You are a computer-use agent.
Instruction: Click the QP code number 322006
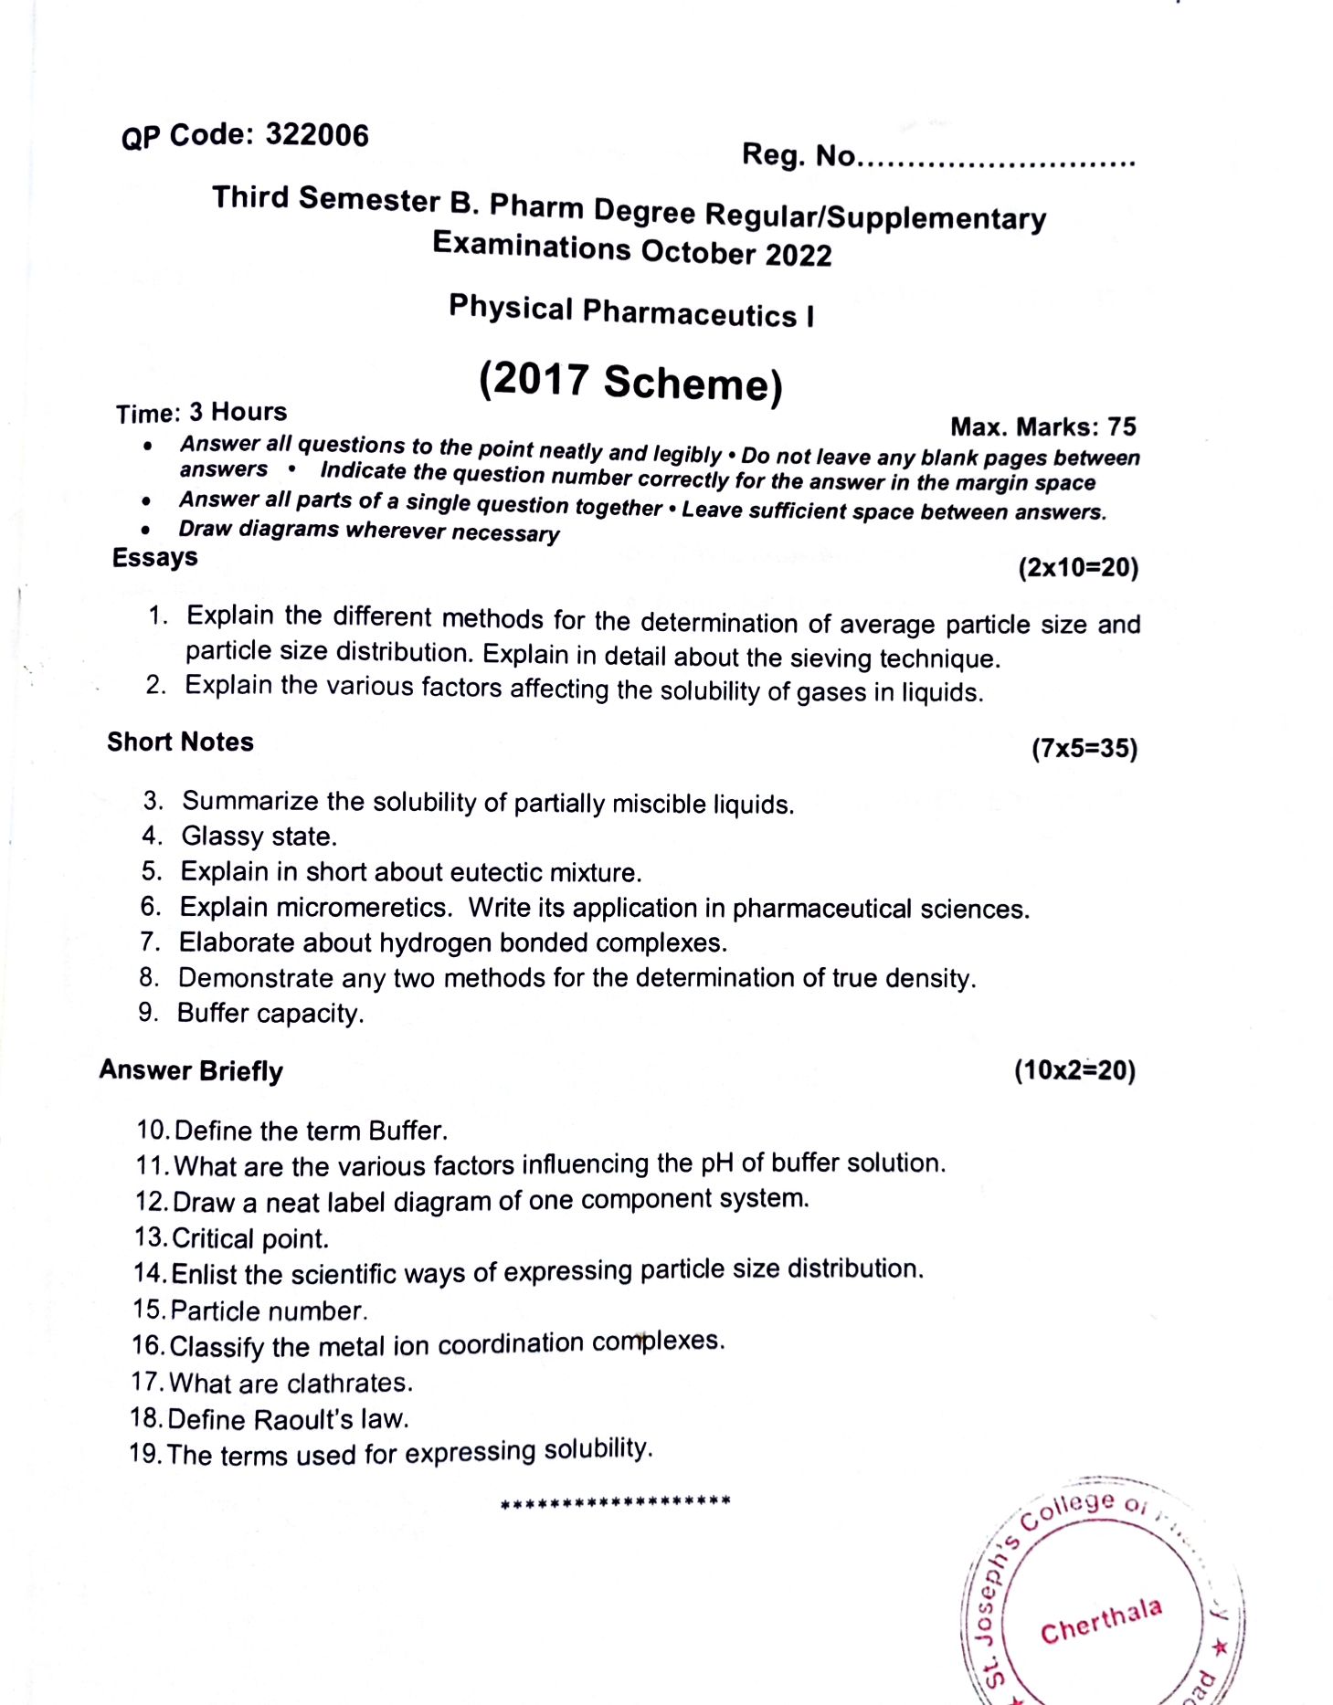pos(317,136)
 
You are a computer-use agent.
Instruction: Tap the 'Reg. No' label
pos(798,155)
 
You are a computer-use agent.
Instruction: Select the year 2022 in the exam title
pos(799,255)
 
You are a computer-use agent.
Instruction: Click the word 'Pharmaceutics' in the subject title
pos(690,313)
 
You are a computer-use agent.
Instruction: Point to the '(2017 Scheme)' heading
pos(631,382)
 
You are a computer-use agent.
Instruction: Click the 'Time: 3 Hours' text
pos(201,413)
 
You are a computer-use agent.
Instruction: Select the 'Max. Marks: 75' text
pos(1043,427)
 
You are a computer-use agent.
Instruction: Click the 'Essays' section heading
pos(154,557)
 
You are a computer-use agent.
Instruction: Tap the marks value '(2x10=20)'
pos(1078,568)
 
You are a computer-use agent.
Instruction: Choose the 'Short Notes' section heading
pos(180,742)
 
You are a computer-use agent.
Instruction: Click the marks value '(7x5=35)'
pos(1084,749)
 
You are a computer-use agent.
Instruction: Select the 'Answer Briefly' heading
pos(191,1070)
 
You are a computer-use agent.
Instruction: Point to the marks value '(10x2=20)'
pos(1074,1070)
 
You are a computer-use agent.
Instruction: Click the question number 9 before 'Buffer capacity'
pos(148,1012)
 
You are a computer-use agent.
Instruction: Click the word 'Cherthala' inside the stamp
pos(1101,1621)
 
